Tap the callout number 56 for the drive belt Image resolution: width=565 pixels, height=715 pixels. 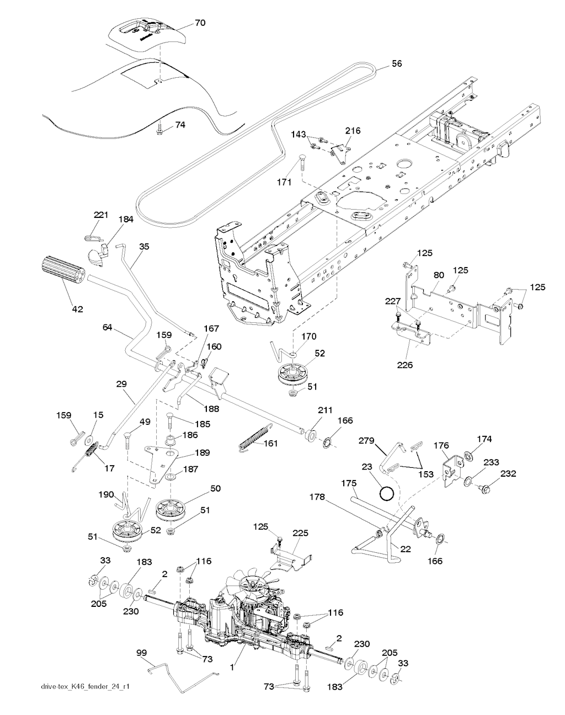click(x=396, y=63)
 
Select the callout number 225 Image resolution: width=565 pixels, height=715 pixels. click(x=301, y=533)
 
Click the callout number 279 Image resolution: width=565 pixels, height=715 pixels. click(x=366, y=440)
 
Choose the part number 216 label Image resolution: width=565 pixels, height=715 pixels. click(x=353, y=131)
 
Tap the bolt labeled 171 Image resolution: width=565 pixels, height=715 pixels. click(x=301, y=163)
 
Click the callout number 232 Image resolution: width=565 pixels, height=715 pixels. click(x=508, y=474)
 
